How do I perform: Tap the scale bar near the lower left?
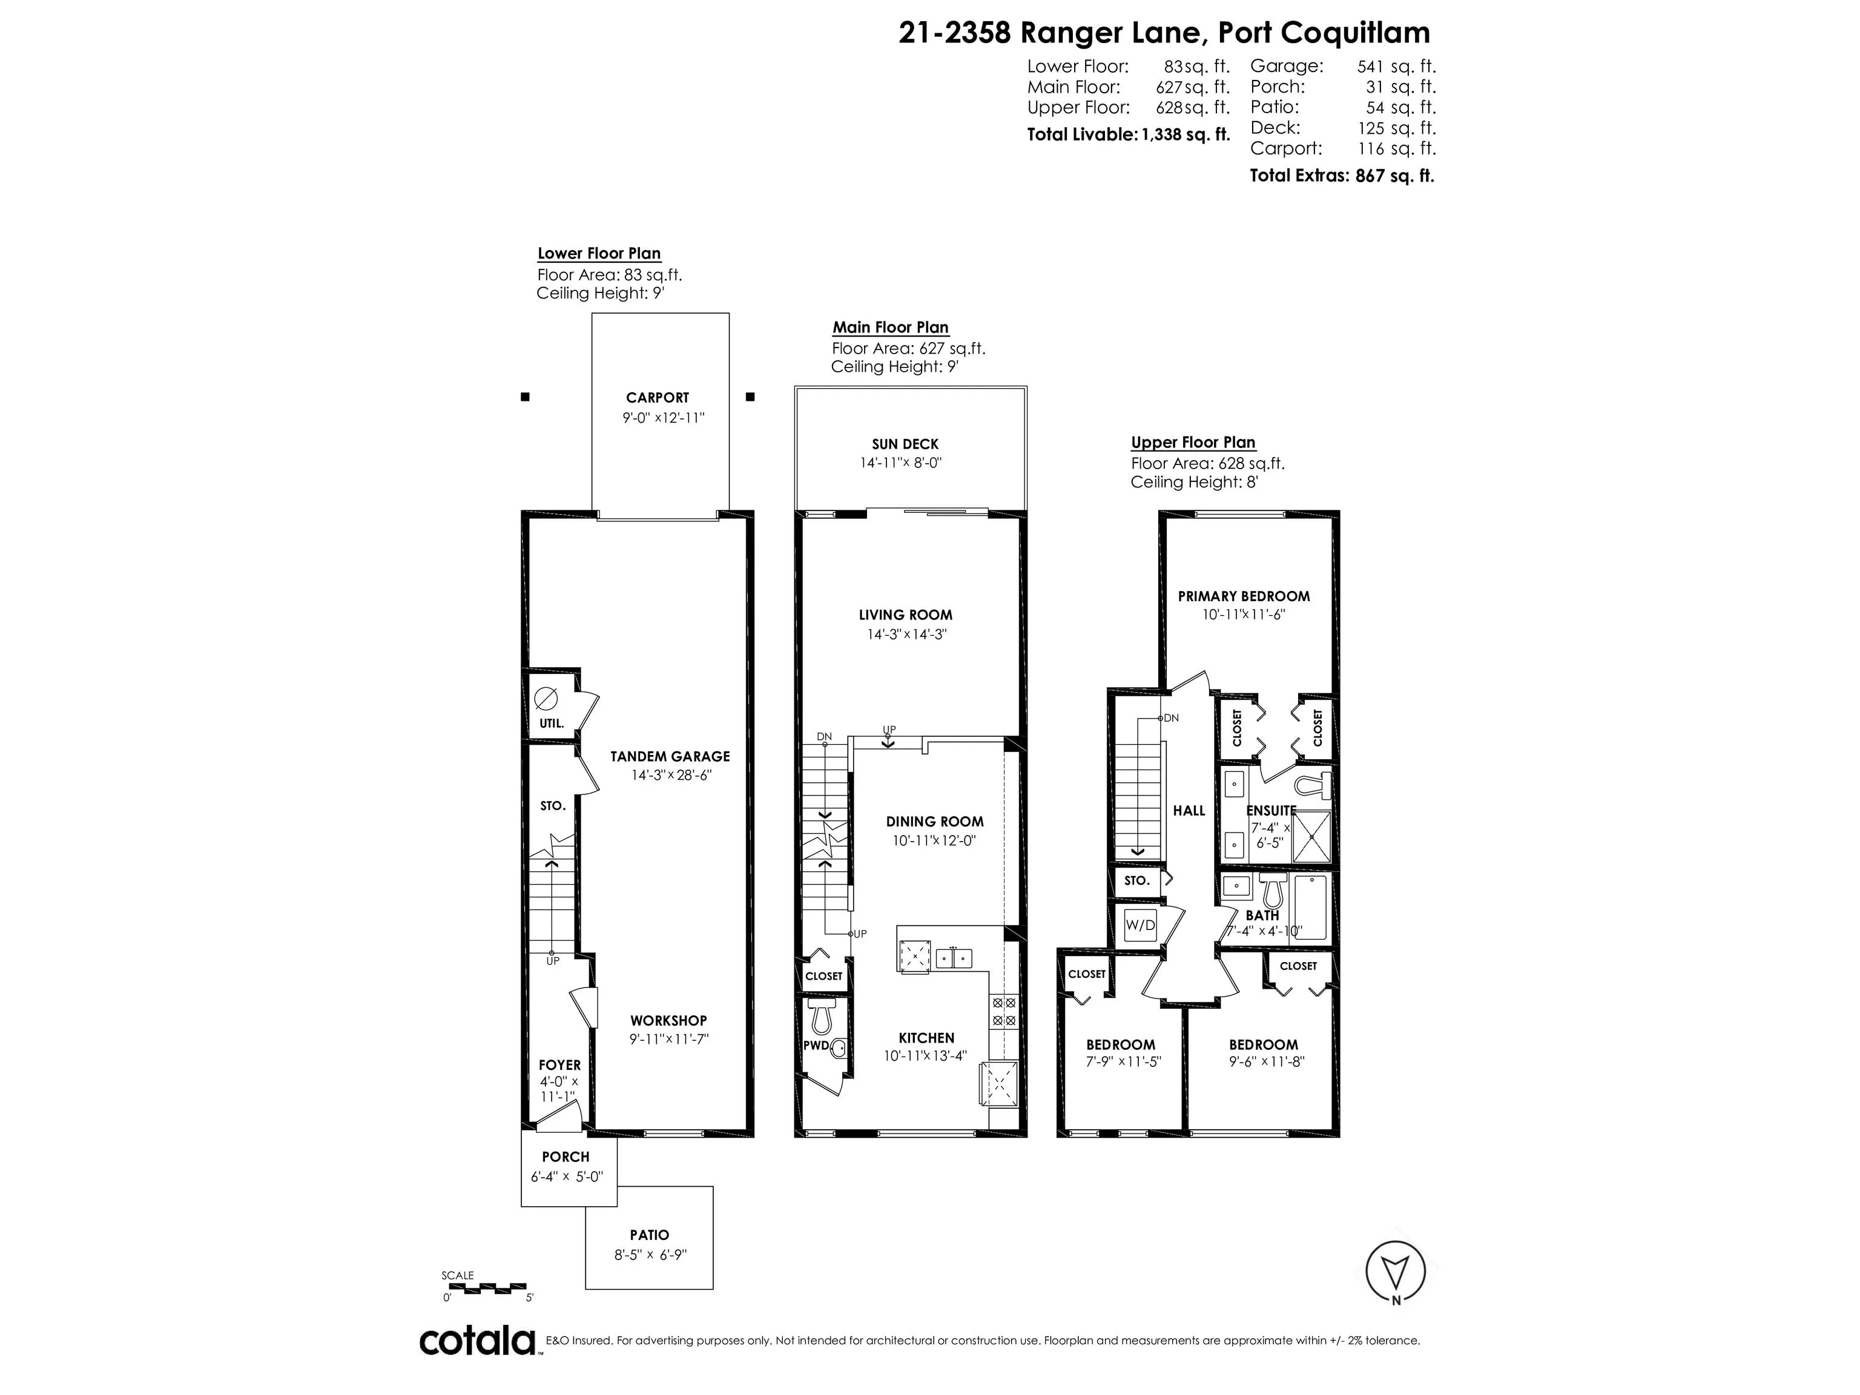(x=484, y=1287)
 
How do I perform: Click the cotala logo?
(x=477, y=1341)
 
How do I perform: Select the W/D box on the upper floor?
(x=1140, y=925)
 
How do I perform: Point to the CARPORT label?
(x=657, y=398)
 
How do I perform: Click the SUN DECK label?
(x=905, y=444)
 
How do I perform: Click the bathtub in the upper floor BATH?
(x=1310, y=908)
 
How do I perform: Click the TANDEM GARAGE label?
(x=670, y=757)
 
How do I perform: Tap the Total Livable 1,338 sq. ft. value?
(x=1186, y=134)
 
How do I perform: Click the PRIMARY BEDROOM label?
(x=1244, y=596)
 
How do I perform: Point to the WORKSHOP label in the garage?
(x=668, y=1021)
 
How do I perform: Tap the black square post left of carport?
(x=525, y=397)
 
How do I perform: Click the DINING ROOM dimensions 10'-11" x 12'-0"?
(x=934, y=840)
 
